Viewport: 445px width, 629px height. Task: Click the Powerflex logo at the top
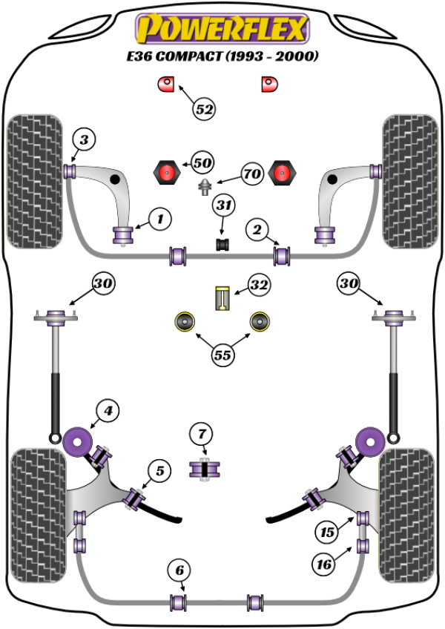click(222, 29)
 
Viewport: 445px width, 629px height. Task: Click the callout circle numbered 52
click(205, 109)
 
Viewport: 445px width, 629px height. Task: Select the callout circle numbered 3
click(84, 139)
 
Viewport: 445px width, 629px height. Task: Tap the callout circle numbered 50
click(202, 162)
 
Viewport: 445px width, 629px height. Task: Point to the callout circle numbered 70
click(252, 175)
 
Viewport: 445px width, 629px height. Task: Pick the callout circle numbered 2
click(257, 231)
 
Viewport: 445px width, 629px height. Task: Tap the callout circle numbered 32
click(259, 284)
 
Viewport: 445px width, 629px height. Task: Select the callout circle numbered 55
click(222, 355)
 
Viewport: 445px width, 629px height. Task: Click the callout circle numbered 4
click(108, 409)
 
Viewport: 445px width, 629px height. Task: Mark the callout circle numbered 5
click(159, 470)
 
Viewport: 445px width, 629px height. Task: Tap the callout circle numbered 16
click(323, 564)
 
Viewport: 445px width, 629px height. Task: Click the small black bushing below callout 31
click(222, 243)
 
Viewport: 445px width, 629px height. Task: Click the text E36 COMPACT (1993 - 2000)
click(222, 57)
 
